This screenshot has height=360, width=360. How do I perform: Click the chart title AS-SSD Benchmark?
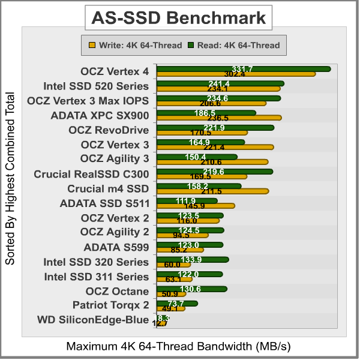tap(178, 18)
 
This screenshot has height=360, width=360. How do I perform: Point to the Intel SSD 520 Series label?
tap(96, 86)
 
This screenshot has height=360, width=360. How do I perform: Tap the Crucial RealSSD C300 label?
tap(91, 175)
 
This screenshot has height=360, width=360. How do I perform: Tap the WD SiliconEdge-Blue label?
tap(93, 320)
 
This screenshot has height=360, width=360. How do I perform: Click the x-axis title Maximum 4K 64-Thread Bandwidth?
tap(178, 347)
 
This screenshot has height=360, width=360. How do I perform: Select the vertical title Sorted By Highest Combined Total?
tap(10, 179)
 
